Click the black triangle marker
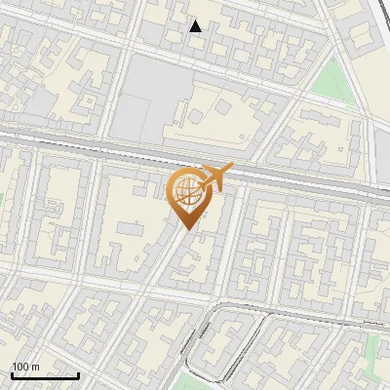(x=196, y=26)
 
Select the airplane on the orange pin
(x=215, y=175)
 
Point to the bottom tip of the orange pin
(x=185, y=229)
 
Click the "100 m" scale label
(x=25, y=367)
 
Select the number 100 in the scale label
(x=20, y=367)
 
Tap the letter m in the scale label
(x=35, y=367)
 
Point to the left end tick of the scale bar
(x=12, y=374)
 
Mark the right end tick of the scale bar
(x=78, y=374)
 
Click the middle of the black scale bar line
(x=45, y=376)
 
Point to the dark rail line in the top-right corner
(x=380, y=19)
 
